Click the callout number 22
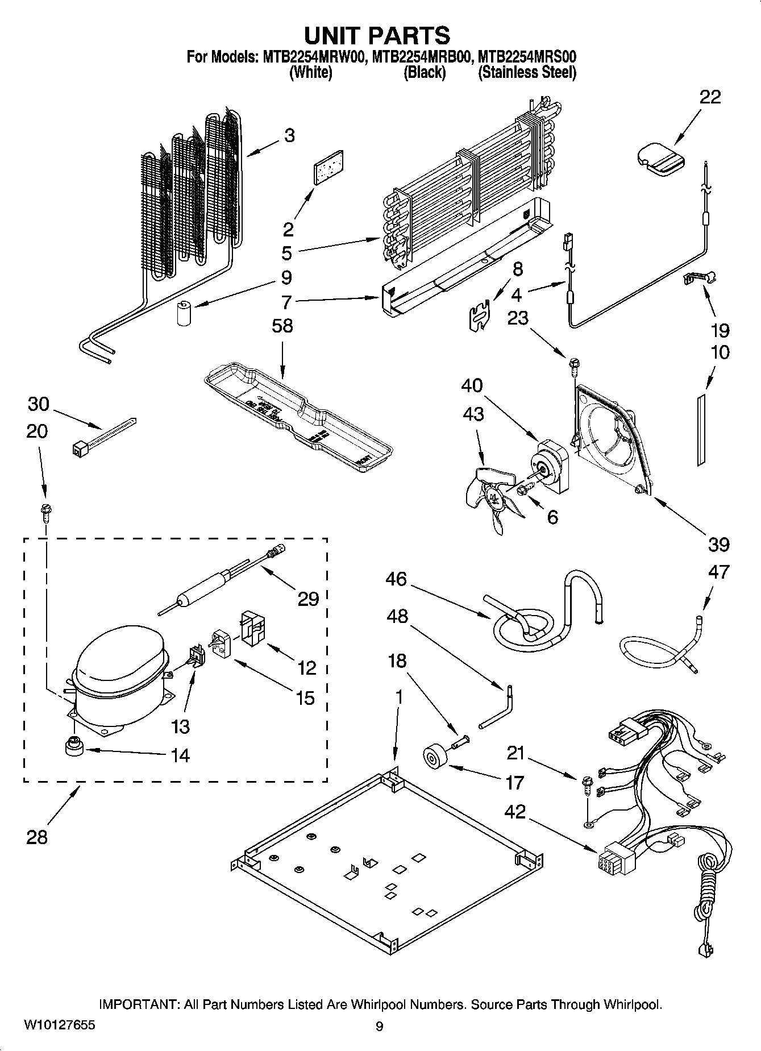(710, 97)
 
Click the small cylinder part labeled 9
(184, 314)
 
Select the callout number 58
(282, 326)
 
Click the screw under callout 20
(45, 512)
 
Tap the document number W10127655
(60, 1025)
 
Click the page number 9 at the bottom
(380, 1026)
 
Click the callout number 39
(718, 545)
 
